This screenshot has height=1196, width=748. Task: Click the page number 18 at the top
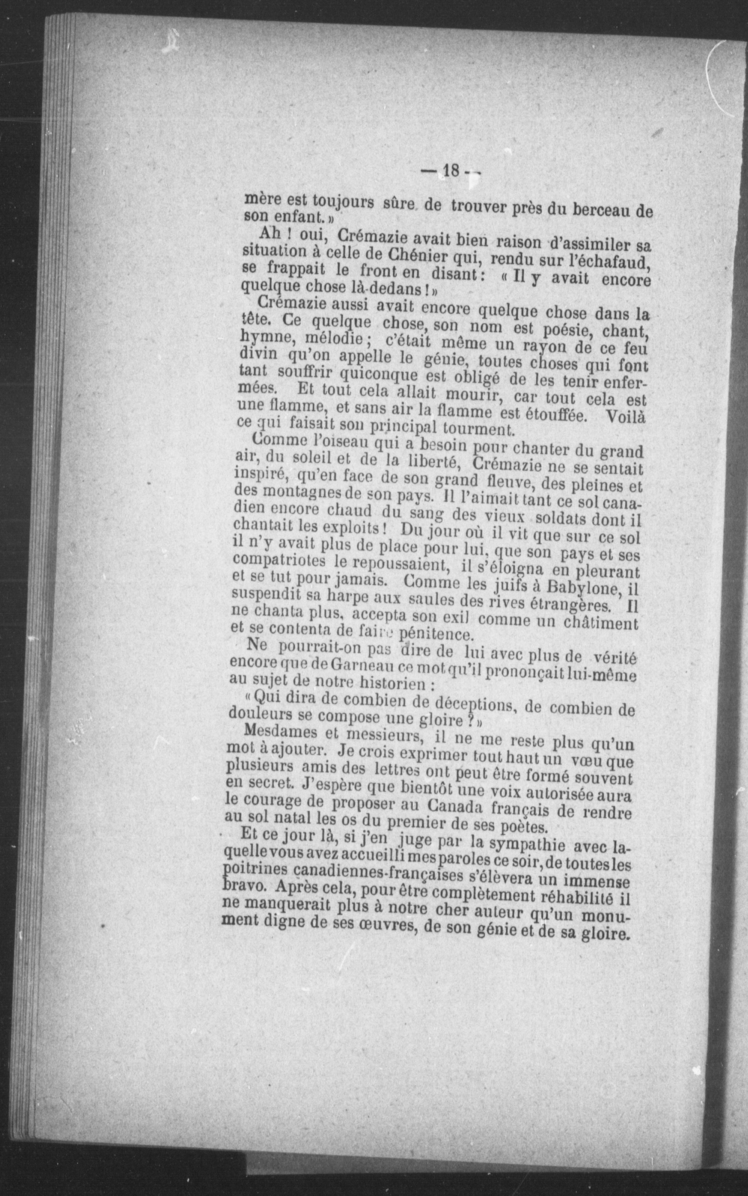(451, 171)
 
